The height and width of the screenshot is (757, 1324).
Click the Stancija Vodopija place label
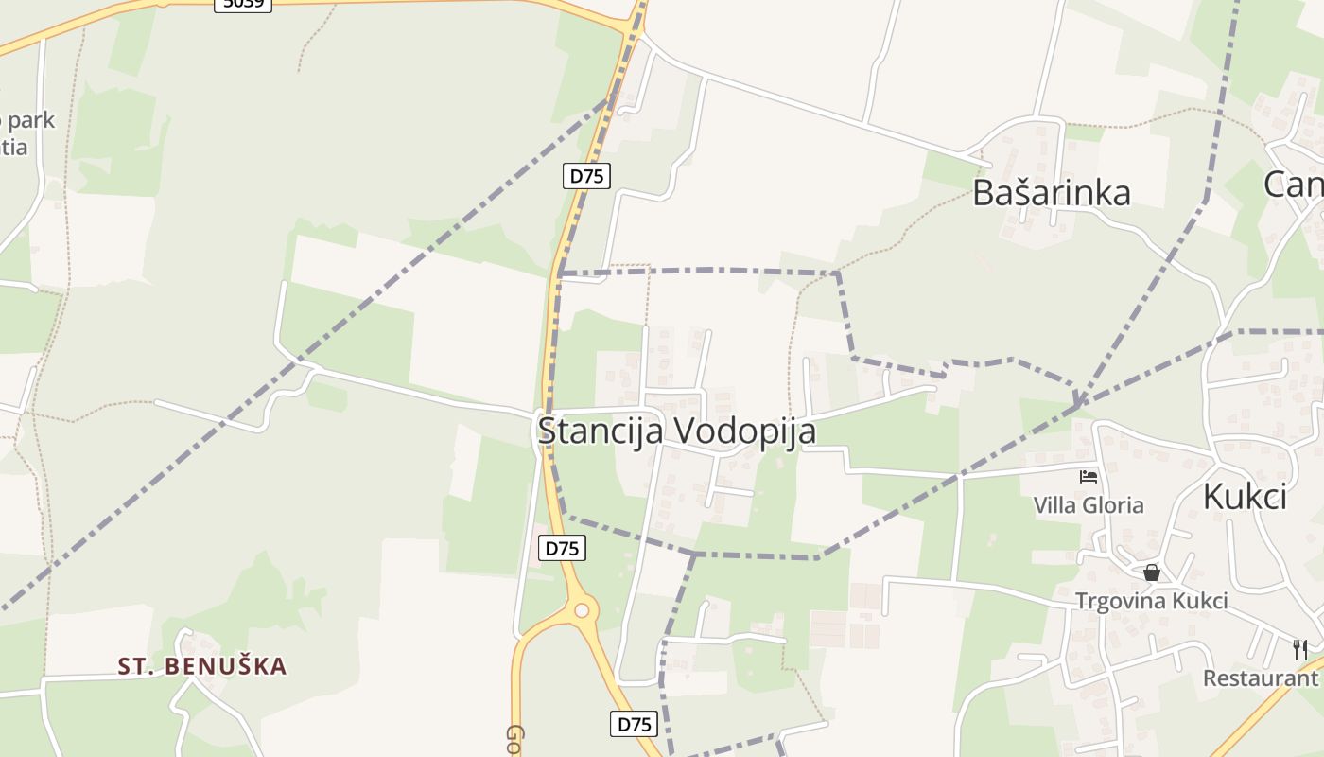pyautogui.click(x=676, y=431)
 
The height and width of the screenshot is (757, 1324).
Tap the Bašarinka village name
pyautogui.click(x=1052, y=193)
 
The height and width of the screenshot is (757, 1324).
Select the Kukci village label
pyautogui.click(x=1245, y=496)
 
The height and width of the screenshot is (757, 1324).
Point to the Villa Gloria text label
pyautogui.click(x=1089, y=505)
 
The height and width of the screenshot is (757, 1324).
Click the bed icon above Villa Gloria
pyautogui.click(x=1089, y=477)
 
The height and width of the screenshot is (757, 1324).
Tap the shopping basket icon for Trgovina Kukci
pyautogui.click(x=1151, y=572)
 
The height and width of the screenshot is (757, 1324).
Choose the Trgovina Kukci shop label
pyautogui.click(x=1151, y=601)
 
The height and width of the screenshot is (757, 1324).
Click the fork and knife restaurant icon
pyautogui.click(x=1300, y=649)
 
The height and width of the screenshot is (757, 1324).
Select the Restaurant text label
pyautogui.click(x=1261, y=678)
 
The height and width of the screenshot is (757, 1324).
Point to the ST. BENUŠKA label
pyautogui.click(x=202, y=666)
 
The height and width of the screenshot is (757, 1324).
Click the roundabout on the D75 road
pyautogui.click(x=582, y=610)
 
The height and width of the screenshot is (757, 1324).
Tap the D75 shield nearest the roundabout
pyautogui.click(x=562, y=548)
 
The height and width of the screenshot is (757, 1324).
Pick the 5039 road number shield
pyautogui.click(x=243, y=3)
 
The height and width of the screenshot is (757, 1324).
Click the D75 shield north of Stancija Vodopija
pyautogui.click(x=586, y=176)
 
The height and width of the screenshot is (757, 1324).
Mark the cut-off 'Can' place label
pyautogui.click(x=1294, y=185)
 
